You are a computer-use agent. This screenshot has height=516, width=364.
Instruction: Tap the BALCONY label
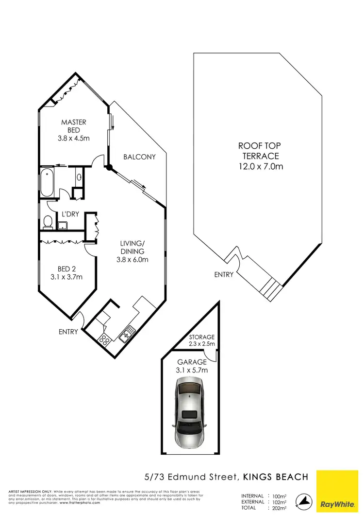[139, 157]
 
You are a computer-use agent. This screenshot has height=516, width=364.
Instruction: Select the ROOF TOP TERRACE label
[260, 156]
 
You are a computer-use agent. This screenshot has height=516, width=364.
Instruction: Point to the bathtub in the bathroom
[47, 181]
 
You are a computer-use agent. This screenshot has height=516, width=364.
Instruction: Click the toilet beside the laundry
[48, 222]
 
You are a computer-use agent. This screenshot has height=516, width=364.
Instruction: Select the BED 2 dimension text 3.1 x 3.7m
[66, 277]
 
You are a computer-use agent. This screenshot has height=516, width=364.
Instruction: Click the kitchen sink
[128, 333]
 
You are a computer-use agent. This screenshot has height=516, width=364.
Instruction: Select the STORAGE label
[201, 337]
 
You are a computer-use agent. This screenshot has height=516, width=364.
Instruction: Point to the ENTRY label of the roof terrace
[224, 275]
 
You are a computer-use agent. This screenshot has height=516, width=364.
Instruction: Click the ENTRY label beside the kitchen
[68, 332]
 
